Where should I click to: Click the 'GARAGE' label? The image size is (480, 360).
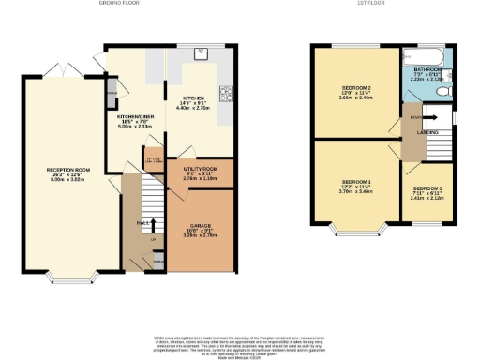pyautogui.click(x=199, y=226)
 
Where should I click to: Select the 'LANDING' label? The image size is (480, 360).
pyautogui.click(x=428, y=133)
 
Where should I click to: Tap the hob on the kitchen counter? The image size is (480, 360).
pyautogui.click(x=224, y=93)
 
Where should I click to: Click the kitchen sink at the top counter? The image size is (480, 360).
pyautogui.click(x=200, y=53)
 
